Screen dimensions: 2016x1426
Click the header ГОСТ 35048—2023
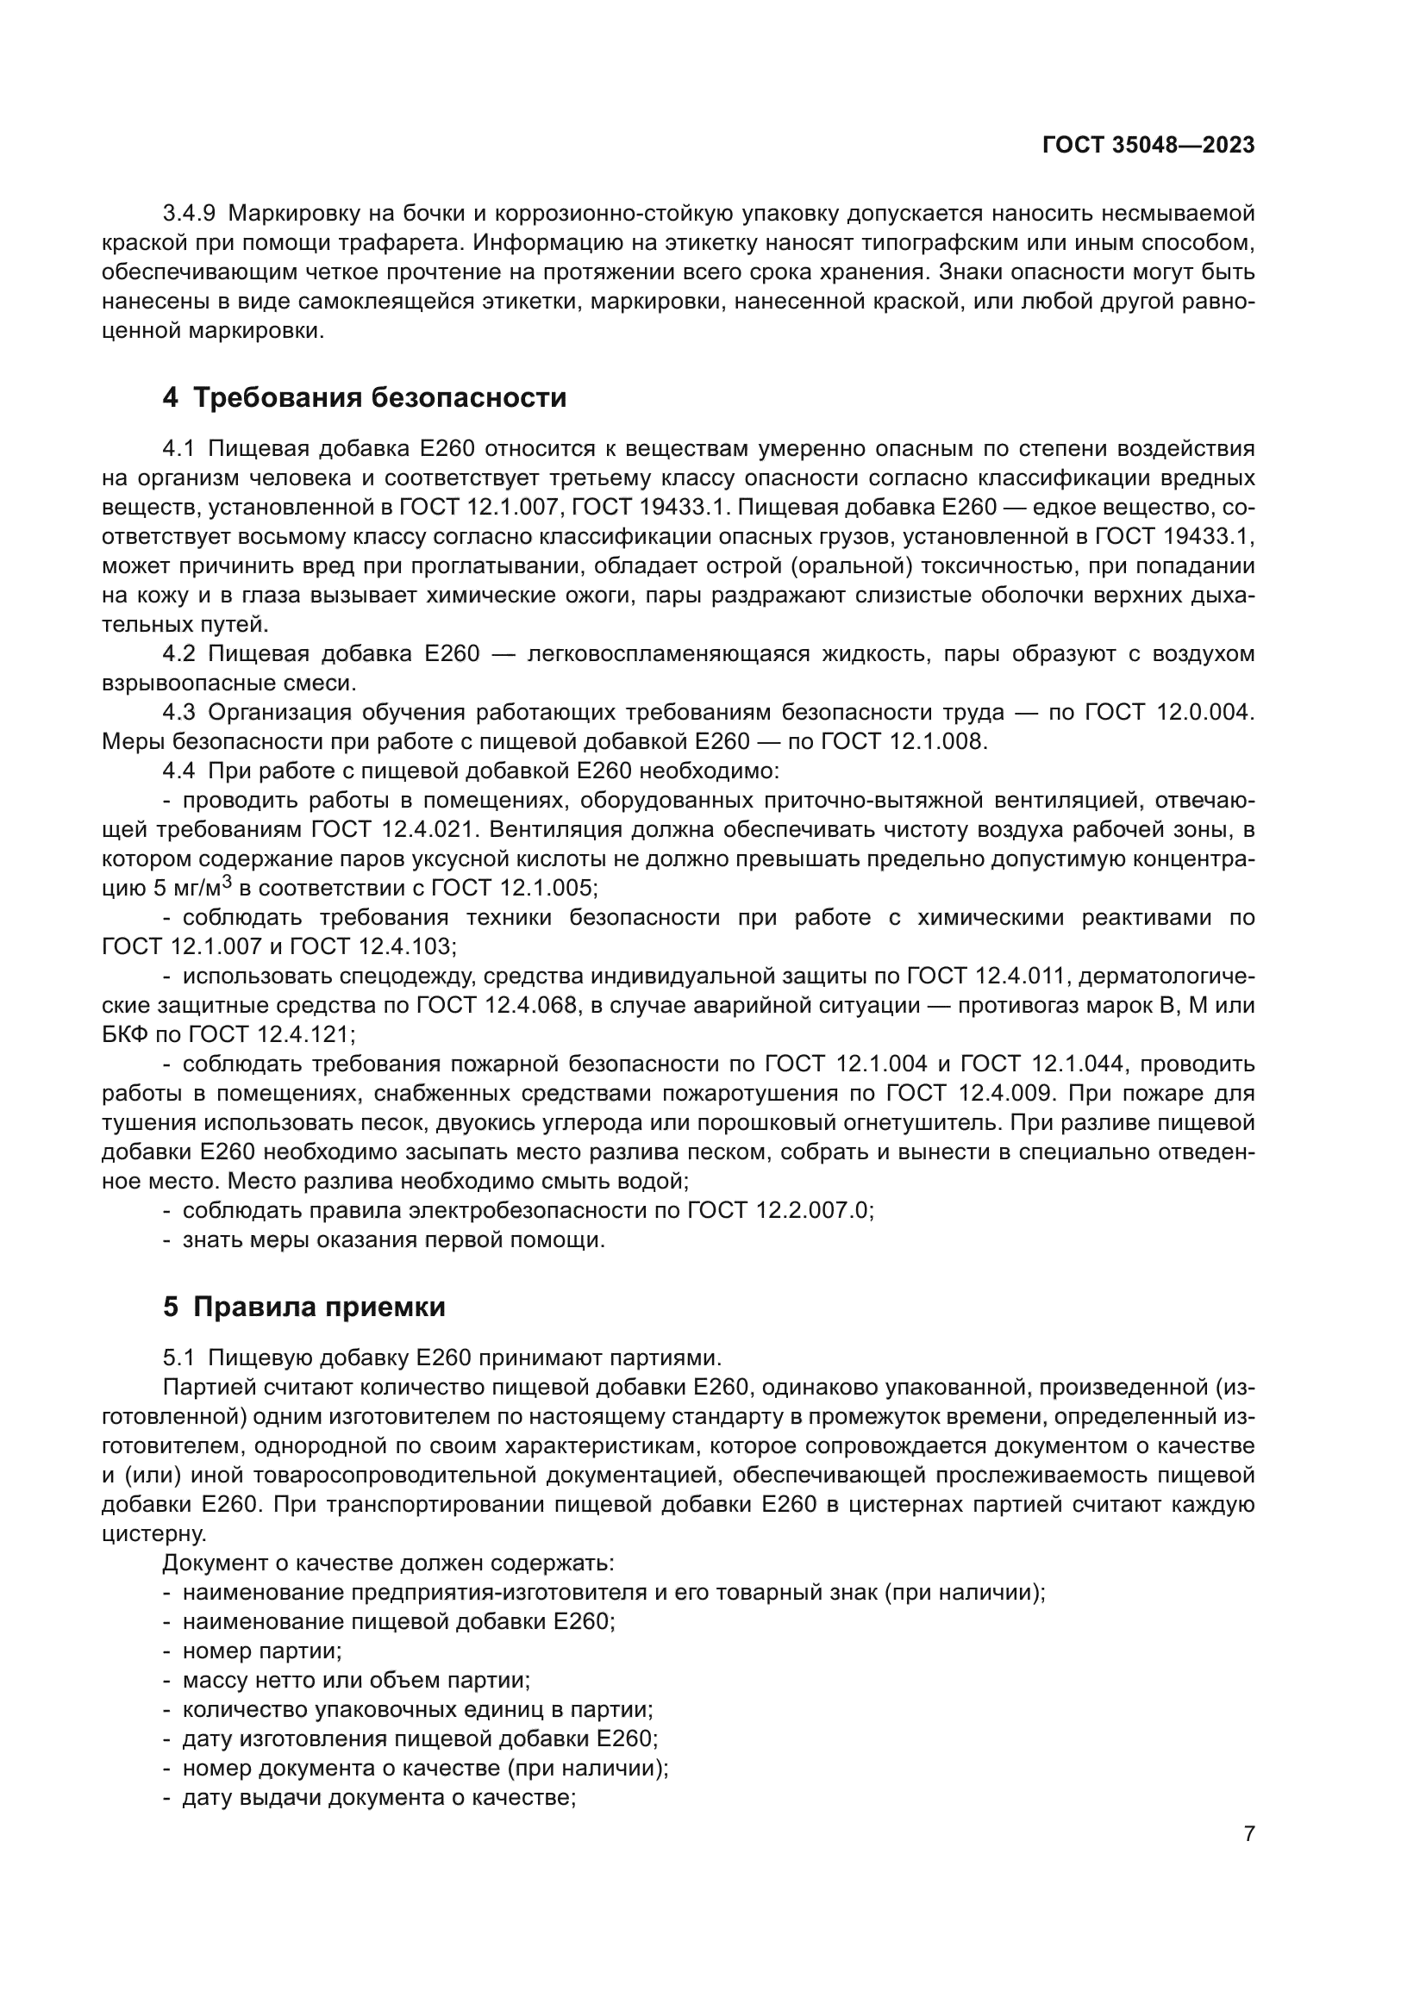1148,146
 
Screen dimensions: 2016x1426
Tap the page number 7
1248,1834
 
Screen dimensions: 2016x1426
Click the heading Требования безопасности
379,397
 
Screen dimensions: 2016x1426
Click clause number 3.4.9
189,214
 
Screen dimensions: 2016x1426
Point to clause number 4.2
178,654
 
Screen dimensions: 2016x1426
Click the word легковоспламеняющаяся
666,654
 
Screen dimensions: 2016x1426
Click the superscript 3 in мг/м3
227,883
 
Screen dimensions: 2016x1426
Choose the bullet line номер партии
260,1651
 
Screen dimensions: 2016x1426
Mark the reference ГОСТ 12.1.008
904,742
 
